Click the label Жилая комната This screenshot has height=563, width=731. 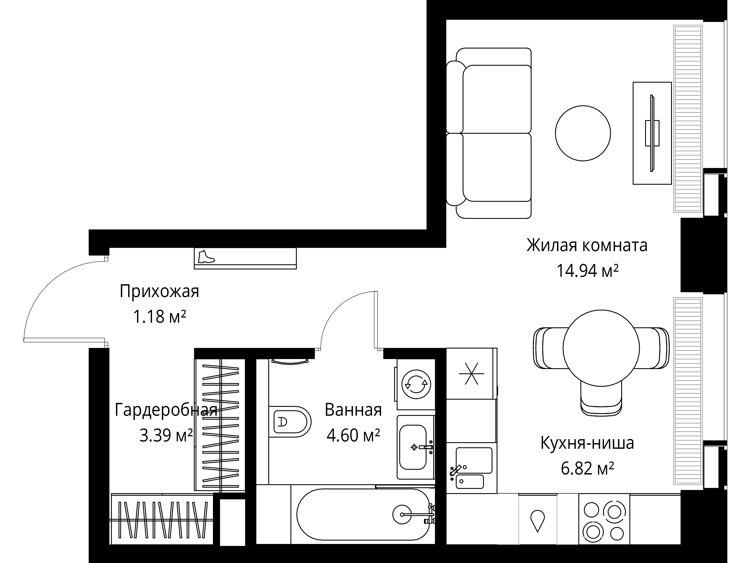click(587, 246)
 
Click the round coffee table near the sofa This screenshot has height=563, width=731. click(583, 133)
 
